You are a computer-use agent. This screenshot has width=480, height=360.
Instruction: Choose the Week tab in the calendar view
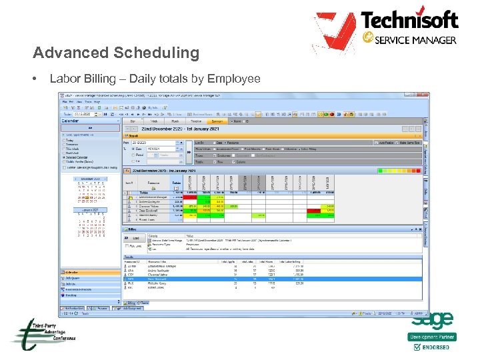pyautogui.click(x=153, y=121)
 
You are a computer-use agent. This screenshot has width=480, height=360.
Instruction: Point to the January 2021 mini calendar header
pyautogui.click(x=89, y=209)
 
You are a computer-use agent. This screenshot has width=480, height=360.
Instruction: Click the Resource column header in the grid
pyautogui.click(x=153, y=182)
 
